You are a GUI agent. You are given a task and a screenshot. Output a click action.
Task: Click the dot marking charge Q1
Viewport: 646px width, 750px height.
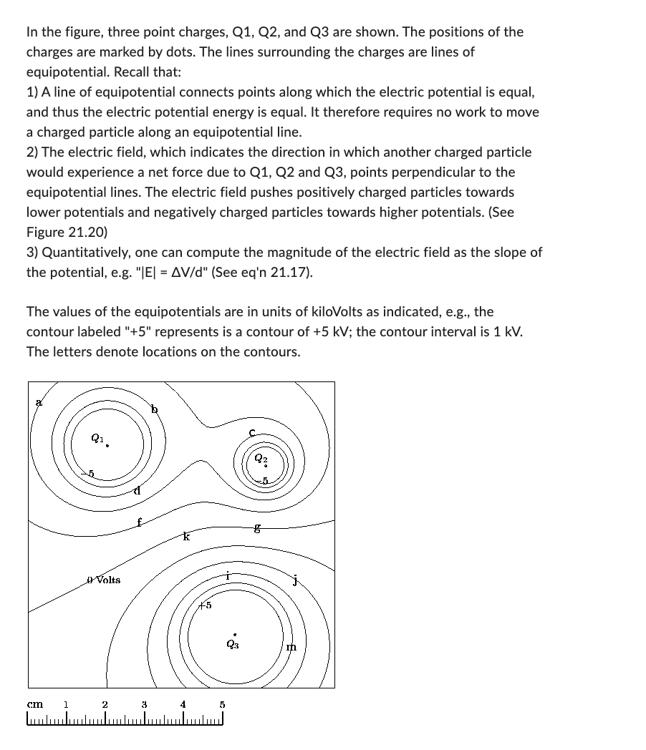pos(107,446)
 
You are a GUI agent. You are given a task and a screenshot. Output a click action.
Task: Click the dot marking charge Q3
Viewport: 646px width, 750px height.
pos(234,634)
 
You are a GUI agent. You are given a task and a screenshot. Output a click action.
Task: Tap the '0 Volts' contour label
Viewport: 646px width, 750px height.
pos(103,580)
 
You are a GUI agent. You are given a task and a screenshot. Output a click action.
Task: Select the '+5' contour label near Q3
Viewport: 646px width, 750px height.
pos(205,605)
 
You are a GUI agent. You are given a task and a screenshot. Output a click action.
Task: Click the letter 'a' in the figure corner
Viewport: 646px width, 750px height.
pos(39,403)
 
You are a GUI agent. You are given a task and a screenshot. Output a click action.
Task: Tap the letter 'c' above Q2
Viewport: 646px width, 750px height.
pos(252,432)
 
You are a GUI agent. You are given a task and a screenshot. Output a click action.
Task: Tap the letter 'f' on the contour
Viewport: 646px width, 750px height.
pos(140,522)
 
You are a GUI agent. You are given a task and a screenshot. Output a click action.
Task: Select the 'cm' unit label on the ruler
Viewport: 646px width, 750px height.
pos(34,704)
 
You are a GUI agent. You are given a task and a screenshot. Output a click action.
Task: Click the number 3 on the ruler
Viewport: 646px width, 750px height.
pos(144,704)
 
